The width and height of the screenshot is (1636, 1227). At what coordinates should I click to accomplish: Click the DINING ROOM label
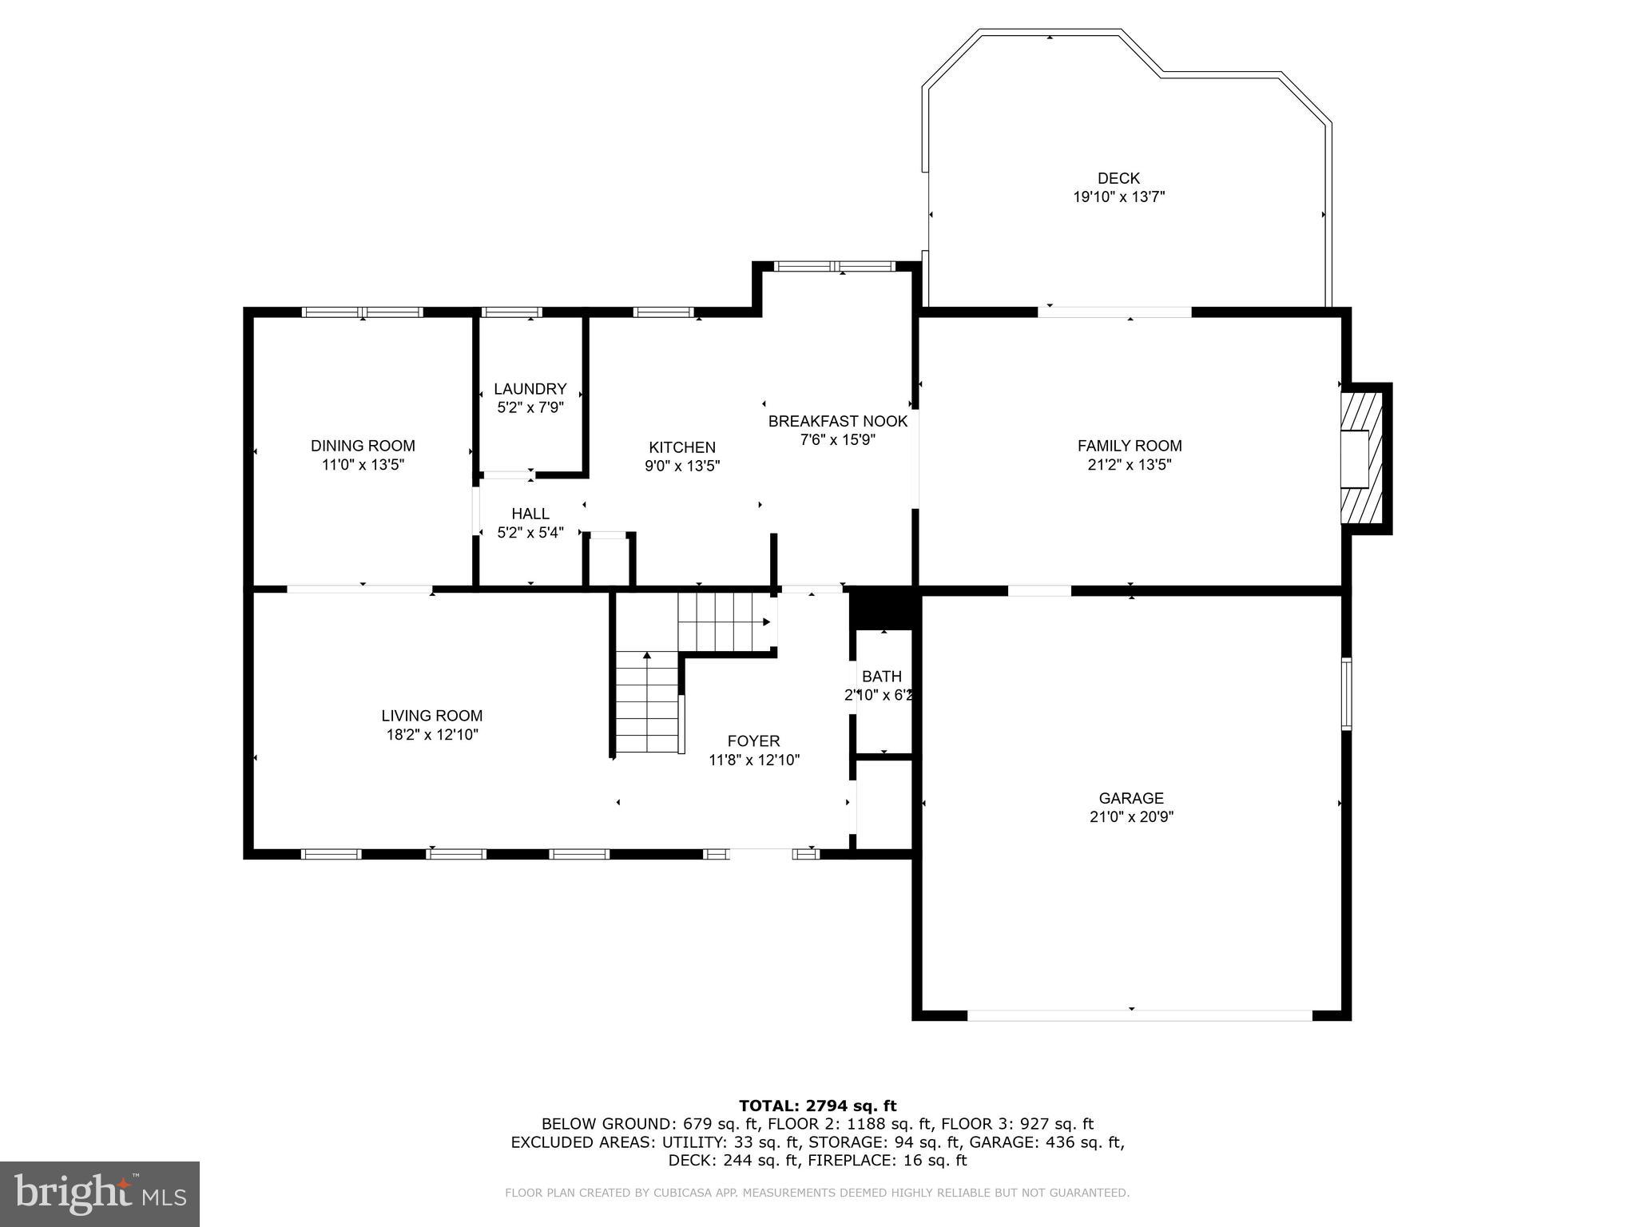pyautogui.click(x=363, y=446)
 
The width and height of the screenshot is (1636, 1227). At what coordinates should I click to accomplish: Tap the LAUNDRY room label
pyautogui.click(x=530, y=389)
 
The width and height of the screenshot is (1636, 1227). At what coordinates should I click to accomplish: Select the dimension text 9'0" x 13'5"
pyautogui.click(x=682, y=466)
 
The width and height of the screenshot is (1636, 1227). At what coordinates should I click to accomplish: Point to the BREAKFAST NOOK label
pyautogui.click(x=837, y=421)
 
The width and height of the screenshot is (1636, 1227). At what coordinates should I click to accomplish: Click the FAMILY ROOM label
pyautogui.click(x=1129, y=446)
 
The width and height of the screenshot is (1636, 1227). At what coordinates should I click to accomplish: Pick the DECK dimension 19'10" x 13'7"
pyautogui.click(x=1118, y=197)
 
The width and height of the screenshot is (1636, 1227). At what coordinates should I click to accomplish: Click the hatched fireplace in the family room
pyautogui.click(x=1363, y=458)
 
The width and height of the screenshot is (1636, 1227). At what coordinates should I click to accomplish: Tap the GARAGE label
pyautogui.click(x=1130, y=798)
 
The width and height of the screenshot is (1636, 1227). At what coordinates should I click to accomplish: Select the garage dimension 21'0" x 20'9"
pyautogui.click(x=1130, y=817)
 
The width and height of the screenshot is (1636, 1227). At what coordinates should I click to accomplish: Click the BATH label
pyautogui.click(x=881, y=677)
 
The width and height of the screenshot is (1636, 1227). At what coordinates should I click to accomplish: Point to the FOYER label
pyautogui.click(x=753, y=741)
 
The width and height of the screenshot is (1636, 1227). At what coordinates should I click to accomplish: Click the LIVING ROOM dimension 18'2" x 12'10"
pyautogui.click(x=431, y=735)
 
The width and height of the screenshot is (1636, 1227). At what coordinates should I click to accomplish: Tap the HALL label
pyautogui.click(x=530, y=514)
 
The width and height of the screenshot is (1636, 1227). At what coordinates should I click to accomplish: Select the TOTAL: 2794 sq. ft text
pyautogui.click(x=817, y=1106)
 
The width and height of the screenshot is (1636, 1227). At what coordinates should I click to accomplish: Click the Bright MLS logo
pyautogui.click(x=100, y=1193)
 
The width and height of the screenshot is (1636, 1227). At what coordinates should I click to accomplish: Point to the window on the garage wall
pyautogui.click(x=1346, y=693)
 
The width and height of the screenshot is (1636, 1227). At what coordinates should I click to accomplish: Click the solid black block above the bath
pyautogui.click(x=880, y=608)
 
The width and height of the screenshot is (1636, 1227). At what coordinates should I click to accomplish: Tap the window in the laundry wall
pyautogui.click(x=512, y=312)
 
